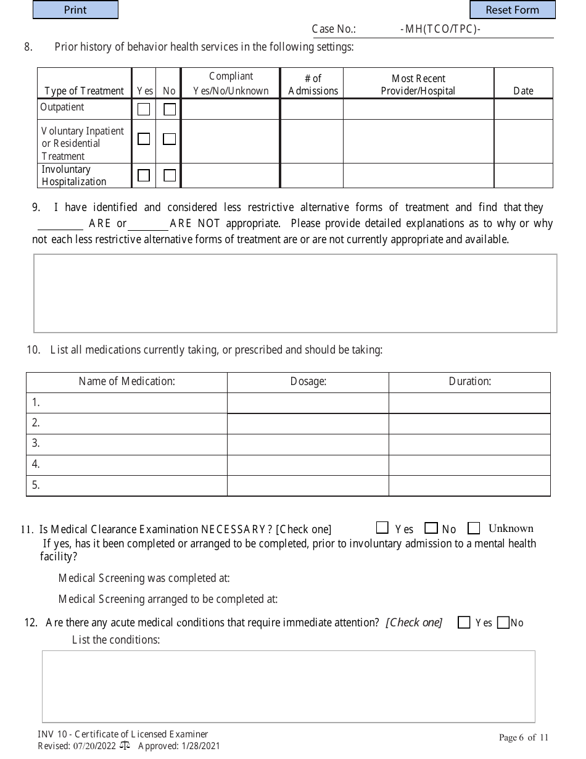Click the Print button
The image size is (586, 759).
click(75, 10)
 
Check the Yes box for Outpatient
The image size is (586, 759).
click(144, 109)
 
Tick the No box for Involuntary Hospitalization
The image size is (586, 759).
click(170, 175)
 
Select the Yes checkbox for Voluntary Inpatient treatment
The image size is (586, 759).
click(144, 139)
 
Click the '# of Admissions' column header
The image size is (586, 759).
click(313, 85)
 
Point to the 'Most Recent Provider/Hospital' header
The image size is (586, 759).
click(418, 85)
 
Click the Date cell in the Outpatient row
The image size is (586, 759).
click(523, 109)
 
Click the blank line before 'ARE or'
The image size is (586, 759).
click(60, 223)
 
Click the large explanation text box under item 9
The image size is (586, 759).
click(295, 293)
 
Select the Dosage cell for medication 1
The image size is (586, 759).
click(308, 403)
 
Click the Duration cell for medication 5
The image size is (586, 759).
click(469, 485)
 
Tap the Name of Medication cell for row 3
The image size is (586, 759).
click(126, 443)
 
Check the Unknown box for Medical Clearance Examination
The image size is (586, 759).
click(474, 528)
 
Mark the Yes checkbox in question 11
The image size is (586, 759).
click(382, 528)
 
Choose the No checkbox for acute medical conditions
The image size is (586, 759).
click(503, 623)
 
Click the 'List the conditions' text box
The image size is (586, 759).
click(288, 686)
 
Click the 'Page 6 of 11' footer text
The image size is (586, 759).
click(523, 737)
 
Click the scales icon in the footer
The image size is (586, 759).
click(125, 745)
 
